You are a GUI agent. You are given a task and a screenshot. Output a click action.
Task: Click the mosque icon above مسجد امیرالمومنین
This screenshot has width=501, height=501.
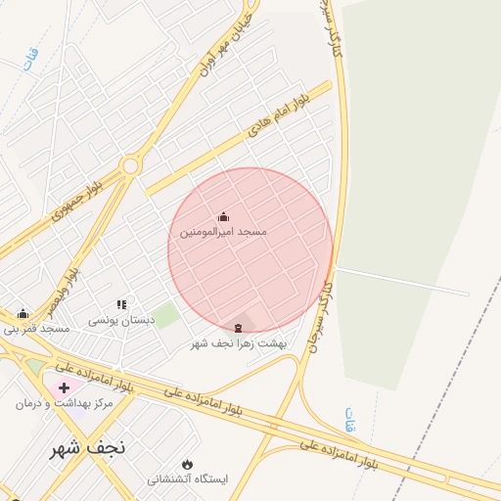coord(223,217)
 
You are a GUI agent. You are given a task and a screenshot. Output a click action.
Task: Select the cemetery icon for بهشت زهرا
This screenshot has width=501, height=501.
coord(238,327)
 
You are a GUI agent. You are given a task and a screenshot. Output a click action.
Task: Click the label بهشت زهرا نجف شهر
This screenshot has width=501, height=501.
coord(241,342)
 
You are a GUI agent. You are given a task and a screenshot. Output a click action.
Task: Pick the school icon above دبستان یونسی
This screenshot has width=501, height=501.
coord(121,305)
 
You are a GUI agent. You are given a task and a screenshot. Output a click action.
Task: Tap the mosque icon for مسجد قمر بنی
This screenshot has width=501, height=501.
coord(23,314)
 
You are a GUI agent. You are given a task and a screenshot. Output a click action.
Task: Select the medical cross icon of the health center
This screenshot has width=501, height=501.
coord(65,387)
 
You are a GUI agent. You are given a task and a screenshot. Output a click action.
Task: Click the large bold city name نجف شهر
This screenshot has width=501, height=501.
coord(89,449)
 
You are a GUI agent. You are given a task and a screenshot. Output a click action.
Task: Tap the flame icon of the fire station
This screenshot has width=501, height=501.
coord(187,465)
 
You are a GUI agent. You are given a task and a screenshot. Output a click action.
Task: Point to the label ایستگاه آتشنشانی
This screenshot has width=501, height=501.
coord(187,479)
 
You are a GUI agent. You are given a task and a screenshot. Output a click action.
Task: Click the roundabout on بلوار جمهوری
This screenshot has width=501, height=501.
coord(130,166)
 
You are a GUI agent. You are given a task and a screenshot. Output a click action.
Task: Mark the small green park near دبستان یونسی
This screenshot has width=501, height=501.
coord(165,316)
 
